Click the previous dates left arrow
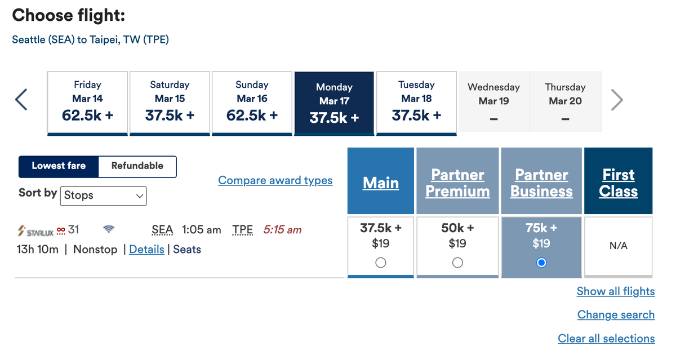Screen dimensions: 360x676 21,100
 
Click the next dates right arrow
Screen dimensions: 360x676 617,100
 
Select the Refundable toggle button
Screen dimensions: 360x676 137,166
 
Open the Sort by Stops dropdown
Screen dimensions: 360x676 103,195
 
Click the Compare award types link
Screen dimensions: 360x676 275,180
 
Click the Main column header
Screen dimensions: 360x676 381,183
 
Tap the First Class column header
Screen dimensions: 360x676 618,183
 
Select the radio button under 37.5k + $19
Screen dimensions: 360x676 381,263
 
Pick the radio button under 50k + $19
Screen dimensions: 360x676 457,263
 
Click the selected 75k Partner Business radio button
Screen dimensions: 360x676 541,263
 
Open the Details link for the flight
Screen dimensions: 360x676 146,250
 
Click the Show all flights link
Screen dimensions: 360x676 615,291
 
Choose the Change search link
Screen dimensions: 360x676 616,315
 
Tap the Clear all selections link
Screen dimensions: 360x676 606,339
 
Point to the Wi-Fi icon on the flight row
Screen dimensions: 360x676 109,229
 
